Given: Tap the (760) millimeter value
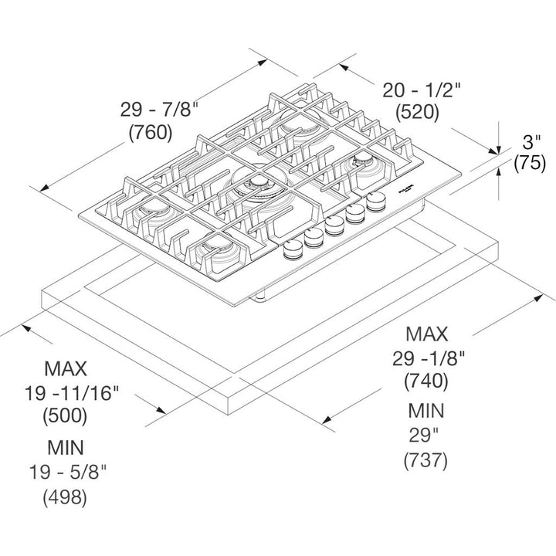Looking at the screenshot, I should point(149,133).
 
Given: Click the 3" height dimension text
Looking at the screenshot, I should point(530,141).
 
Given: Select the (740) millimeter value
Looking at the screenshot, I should point(425,381).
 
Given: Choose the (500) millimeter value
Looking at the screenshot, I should point(65,415).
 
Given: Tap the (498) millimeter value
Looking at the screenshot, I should point(66,497).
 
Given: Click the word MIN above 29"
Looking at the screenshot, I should point(425,411).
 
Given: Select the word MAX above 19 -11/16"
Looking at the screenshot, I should point(66,368).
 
